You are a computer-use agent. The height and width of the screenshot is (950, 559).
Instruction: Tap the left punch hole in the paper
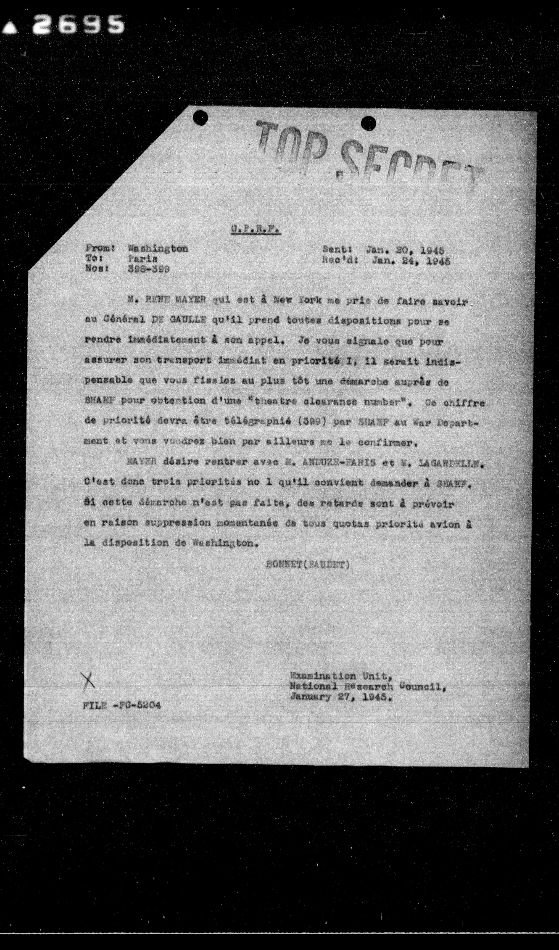click(x=200, y=118)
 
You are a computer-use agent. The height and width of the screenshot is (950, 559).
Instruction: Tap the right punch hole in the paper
click(x=368, y=123)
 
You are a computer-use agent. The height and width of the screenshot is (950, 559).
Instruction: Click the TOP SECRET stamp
click(x=367, y=158)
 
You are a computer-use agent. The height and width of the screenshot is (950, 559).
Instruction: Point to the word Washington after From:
click(x=158, y=249)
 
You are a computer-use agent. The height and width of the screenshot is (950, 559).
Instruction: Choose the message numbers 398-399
click(x=148, y=269)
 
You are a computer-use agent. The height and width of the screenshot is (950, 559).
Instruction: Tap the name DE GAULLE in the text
click(x=179, y=320)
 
